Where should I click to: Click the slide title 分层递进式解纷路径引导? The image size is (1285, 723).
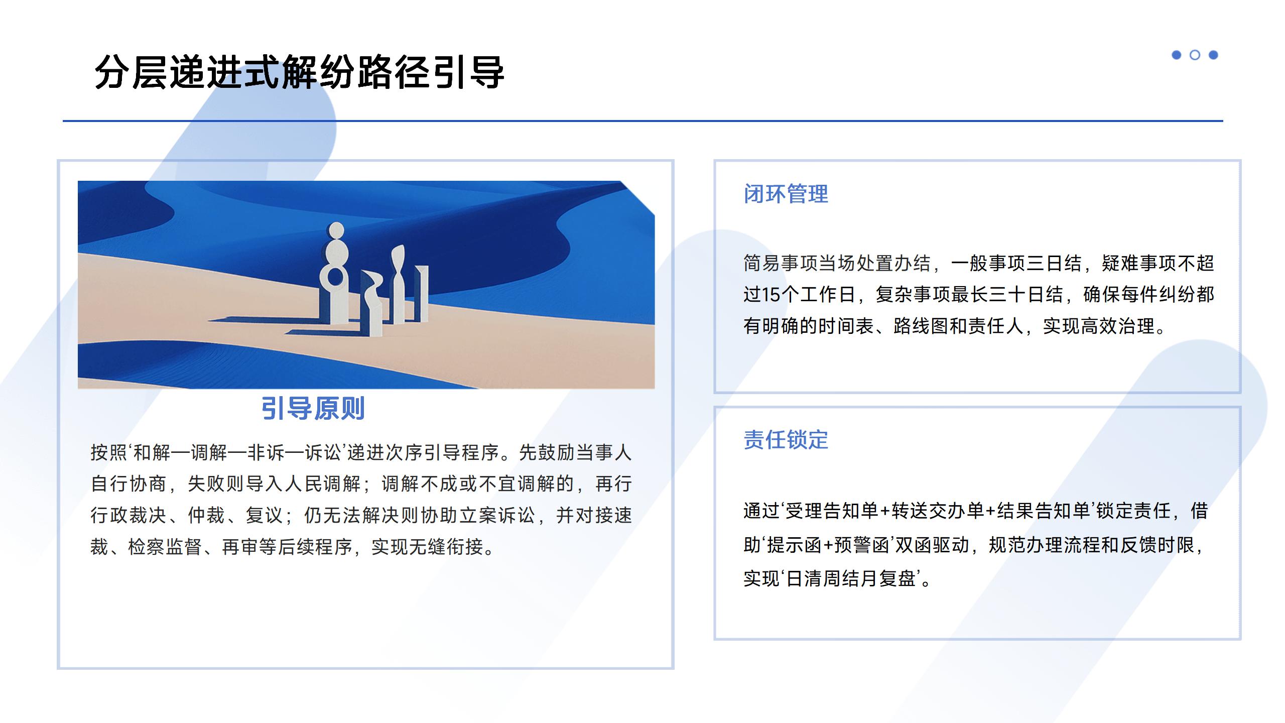299,72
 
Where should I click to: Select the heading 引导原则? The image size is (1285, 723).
313,408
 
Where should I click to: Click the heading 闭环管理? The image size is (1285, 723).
786,194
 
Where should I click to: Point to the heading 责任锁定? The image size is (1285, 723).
786,440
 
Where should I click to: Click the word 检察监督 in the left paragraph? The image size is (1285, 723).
165,547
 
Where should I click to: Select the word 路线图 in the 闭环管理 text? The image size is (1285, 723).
921,326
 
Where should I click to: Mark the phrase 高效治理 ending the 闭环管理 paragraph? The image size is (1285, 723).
1117,326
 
